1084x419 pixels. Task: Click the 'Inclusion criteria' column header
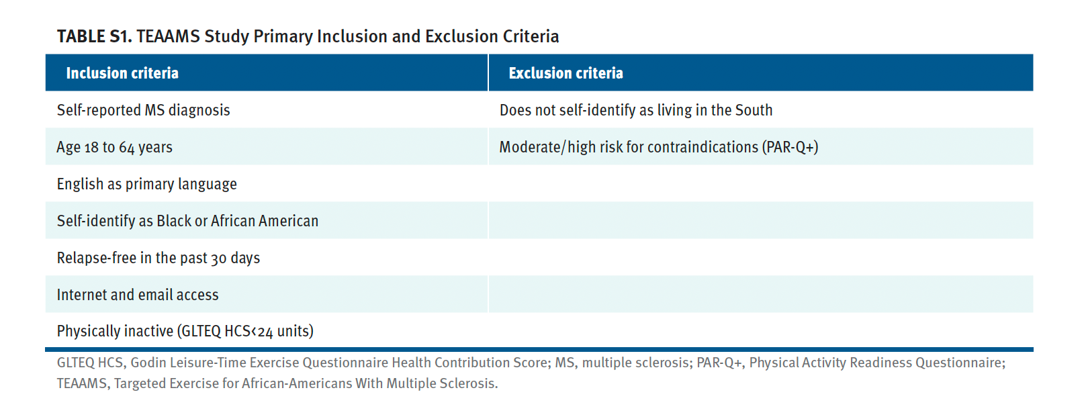pos(122,73)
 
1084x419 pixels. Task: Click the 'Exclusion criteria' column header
pos(566,73)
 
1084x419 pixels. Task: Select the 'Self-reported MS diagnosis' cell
pos(143,110)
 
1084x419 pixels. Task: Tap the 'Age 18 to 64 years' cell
pos(114,147)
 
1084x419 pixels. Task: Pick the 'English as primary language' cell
pos(146,185)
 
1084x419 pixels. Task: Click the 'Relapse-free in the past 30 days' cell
pos(159,258)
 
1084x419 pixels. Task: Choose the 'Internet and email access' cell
pos(138,295)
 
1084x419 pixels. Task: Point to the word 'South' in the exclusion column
pos(754,110)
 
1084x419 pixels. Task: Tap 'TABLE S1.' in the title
pos(95,37)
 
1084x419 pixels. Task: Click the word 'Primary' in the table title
pos(283,37)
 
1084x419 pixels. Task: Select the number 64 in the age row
pos(127,148)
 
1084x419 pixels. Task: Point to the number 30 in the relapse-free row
pos(219,259)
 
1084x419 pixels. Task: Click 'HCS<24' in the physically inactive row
pos(249,332)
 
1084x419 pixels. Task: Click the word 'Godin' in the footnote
pos(147,363)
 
